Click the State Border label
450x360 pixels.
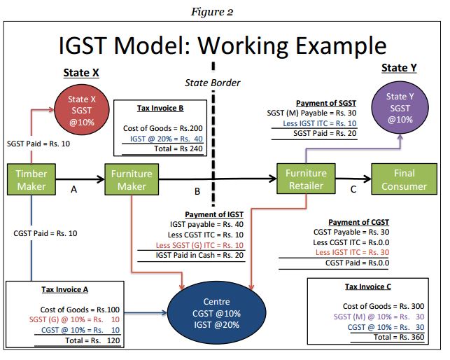[212, 83]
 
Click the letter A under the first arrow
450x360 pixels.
[73, 188]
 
